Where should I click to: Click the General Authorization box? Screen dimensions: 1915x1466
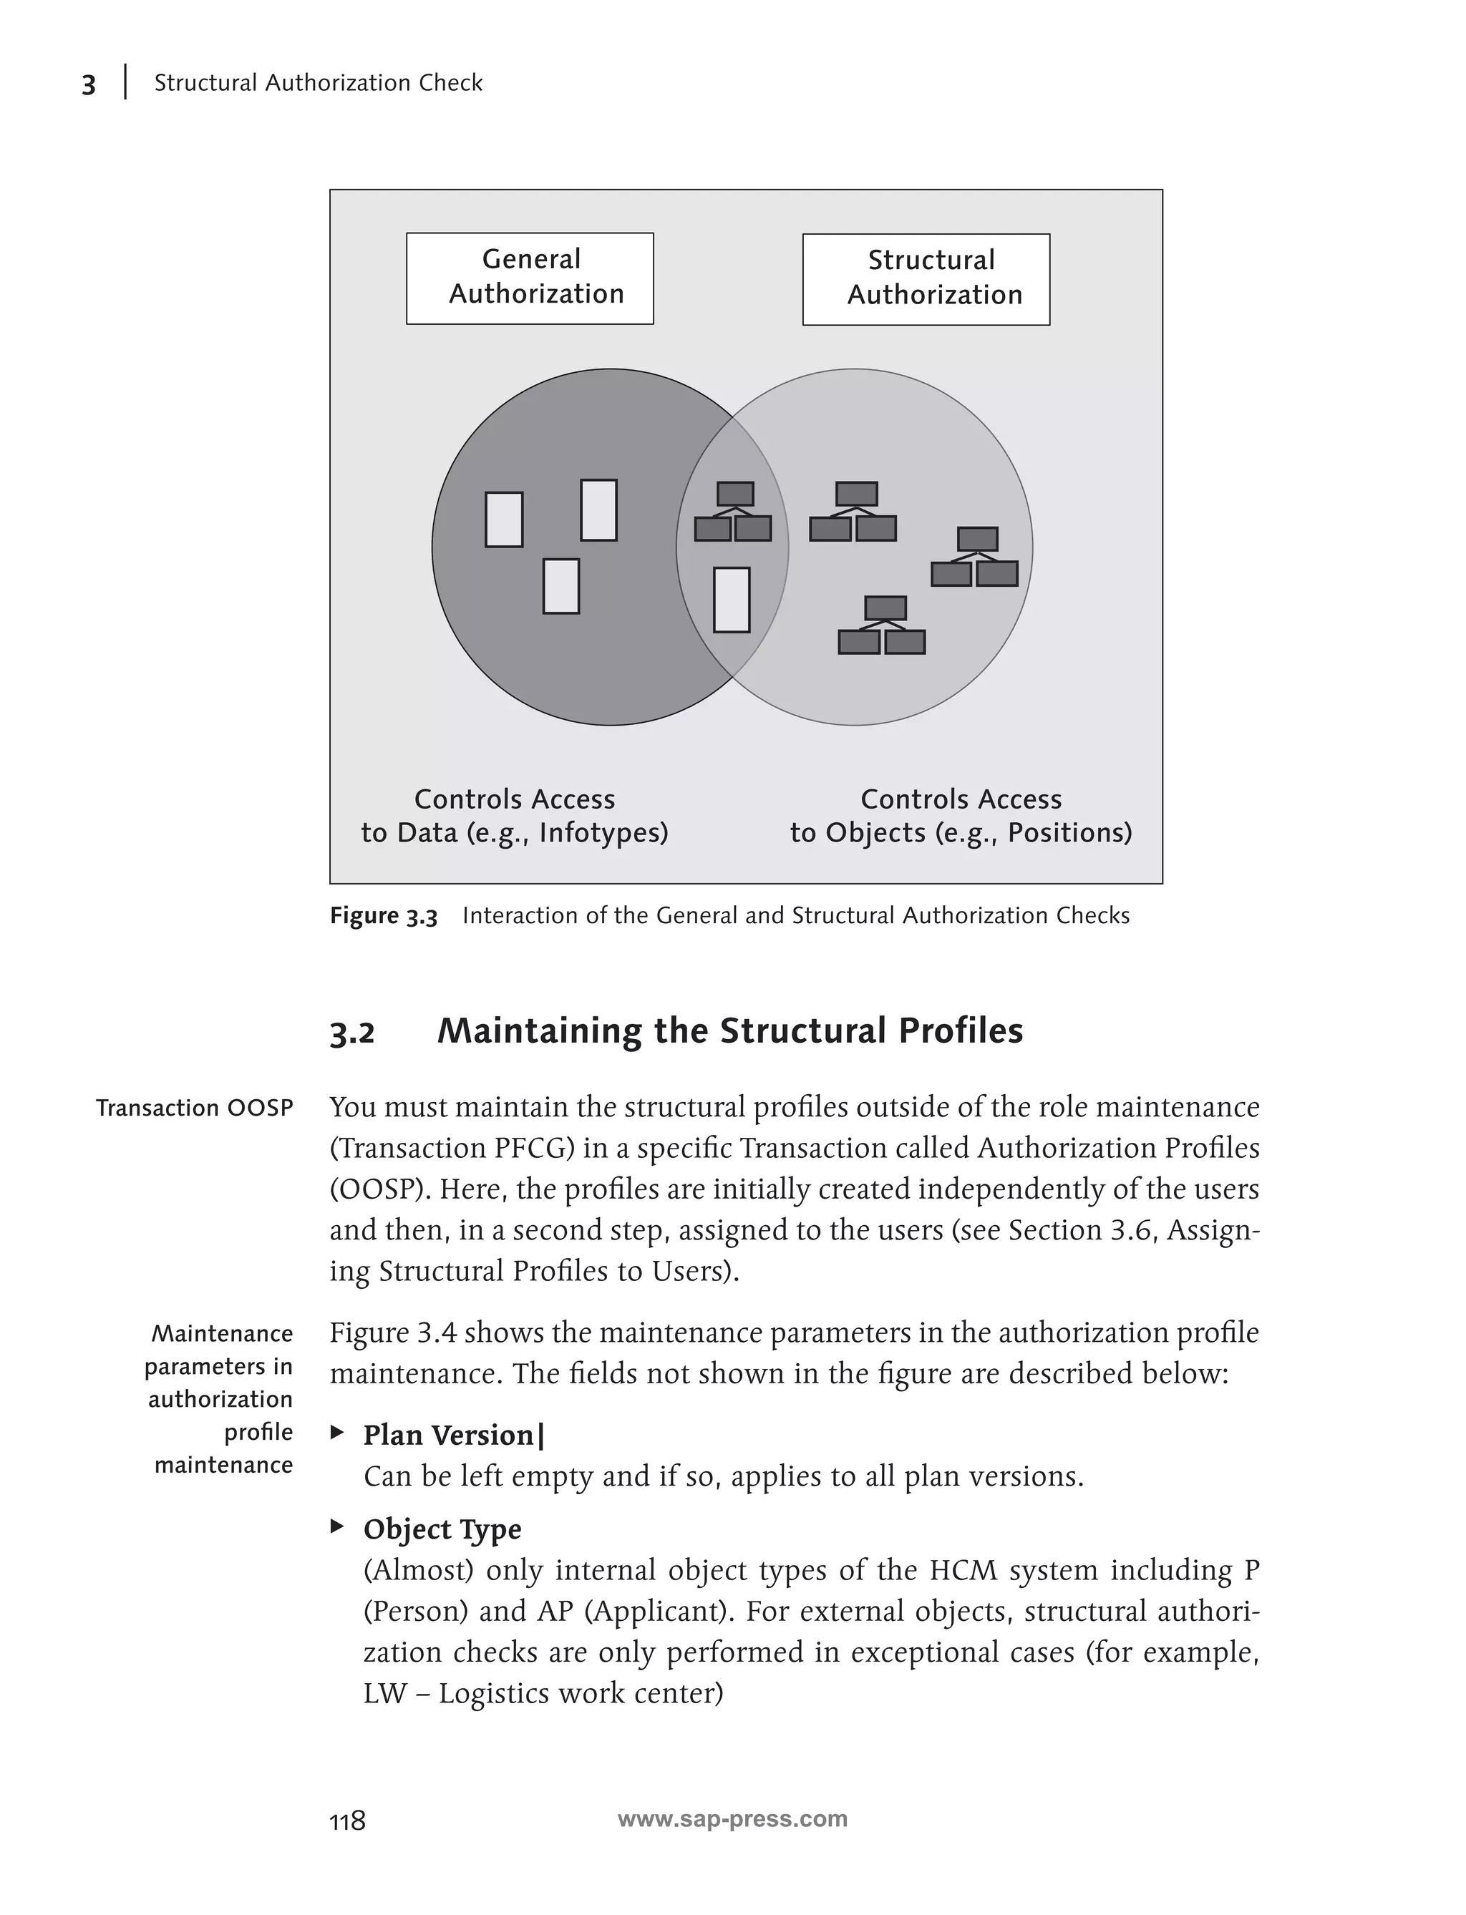point(530,278)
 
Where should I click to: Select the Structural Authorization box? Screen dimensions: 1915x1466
point(926,279)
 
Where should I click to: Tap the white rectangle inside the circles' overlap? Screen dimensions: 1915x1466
point(732,600)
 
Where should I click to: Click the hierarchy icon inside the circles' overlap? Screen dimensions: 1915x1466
point(733,512)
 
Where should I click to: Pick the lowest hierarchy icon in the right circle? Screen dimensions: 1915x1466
point(882,625)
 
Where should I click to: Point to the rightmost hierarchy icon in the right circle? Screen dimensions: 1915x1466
point(975,557)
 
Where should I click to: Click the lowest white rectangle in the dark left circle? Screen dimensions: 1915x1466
point(561,585)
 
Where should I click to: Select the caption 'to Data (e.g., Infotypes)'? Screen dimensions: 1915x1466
point(515,832)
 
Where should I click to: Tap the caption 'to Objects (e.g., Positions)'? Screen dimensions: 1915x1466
point(961,832)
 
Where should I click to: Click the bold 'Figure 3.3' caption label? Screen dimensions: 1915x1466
point(383,916)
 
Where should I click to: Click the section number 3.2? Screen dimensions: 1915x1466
point(351,1033)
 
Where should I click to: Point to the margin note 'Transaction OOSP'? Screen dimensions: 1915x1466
point(195,1108)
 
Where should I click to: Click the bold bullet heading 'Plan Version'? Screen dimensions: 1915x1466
point(449,1435)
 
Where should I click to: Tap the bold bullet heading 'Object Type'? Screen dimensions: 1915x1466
point(442,1529)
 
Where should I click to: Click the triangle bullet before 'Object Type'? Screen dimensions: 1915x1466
point(337,1526)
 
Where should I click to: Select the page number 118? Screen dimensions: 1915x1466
point(347,1821)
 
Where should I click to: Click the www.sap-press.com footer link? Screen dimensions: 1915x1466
point(732,1819)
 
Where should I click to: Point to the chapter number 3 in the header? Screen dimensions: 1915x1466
point(88,84)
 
